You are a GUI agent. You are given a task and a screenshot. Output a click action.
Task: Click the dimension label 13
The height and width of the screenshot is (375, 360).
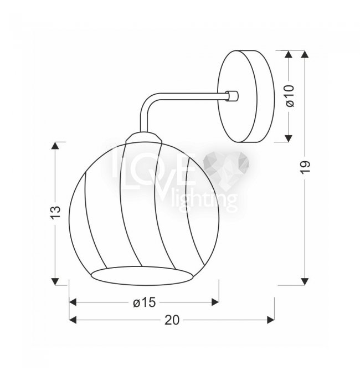point(55,212)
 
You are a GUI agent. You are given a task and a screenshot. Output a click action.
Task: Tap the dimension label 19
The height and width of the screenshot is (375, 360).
point(305,167)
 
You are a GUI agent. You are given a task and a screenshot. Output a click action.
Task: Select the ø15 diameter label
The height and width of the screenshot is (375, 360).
point(144,302)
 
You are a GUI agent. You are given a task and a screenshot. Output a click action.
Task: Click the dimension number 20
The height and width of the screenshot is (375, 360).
point(172,320)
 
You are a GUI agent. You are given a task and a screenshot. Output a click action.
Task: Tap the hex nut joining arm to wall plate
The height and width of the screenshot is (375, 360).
point(232,96)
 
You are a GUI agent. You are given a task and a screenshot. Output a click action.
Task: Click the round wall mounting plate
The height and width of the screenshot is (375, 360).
point(245,96)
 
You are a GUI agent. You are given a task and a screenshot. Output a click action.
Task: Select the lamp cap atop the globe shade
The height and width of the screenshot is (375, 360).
point(144,138)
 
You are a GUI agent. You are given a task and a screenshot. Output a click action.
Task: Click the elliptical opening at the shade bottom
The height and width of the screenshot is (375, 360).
point(142,275)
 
